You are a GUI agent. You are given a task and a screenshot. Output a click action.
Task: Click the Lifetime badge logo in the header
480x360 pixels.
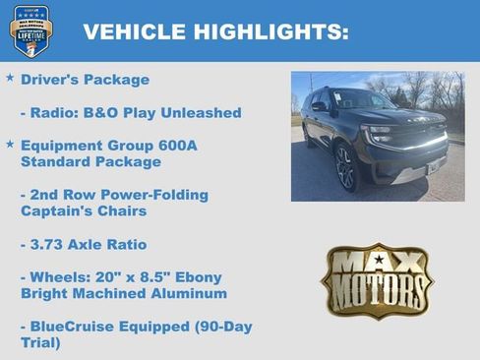click(30, 30)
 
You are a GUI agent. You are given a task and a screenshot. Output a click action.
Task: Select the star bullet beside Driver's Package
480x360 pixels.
click(10, 78)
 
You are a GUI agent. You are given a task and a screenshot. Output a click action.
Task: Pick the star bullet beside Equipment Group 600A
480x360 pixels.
click(10, 144)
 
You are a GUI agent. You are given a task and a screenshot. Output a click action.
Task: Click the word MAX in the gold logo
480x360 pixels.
click(377, 263)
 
